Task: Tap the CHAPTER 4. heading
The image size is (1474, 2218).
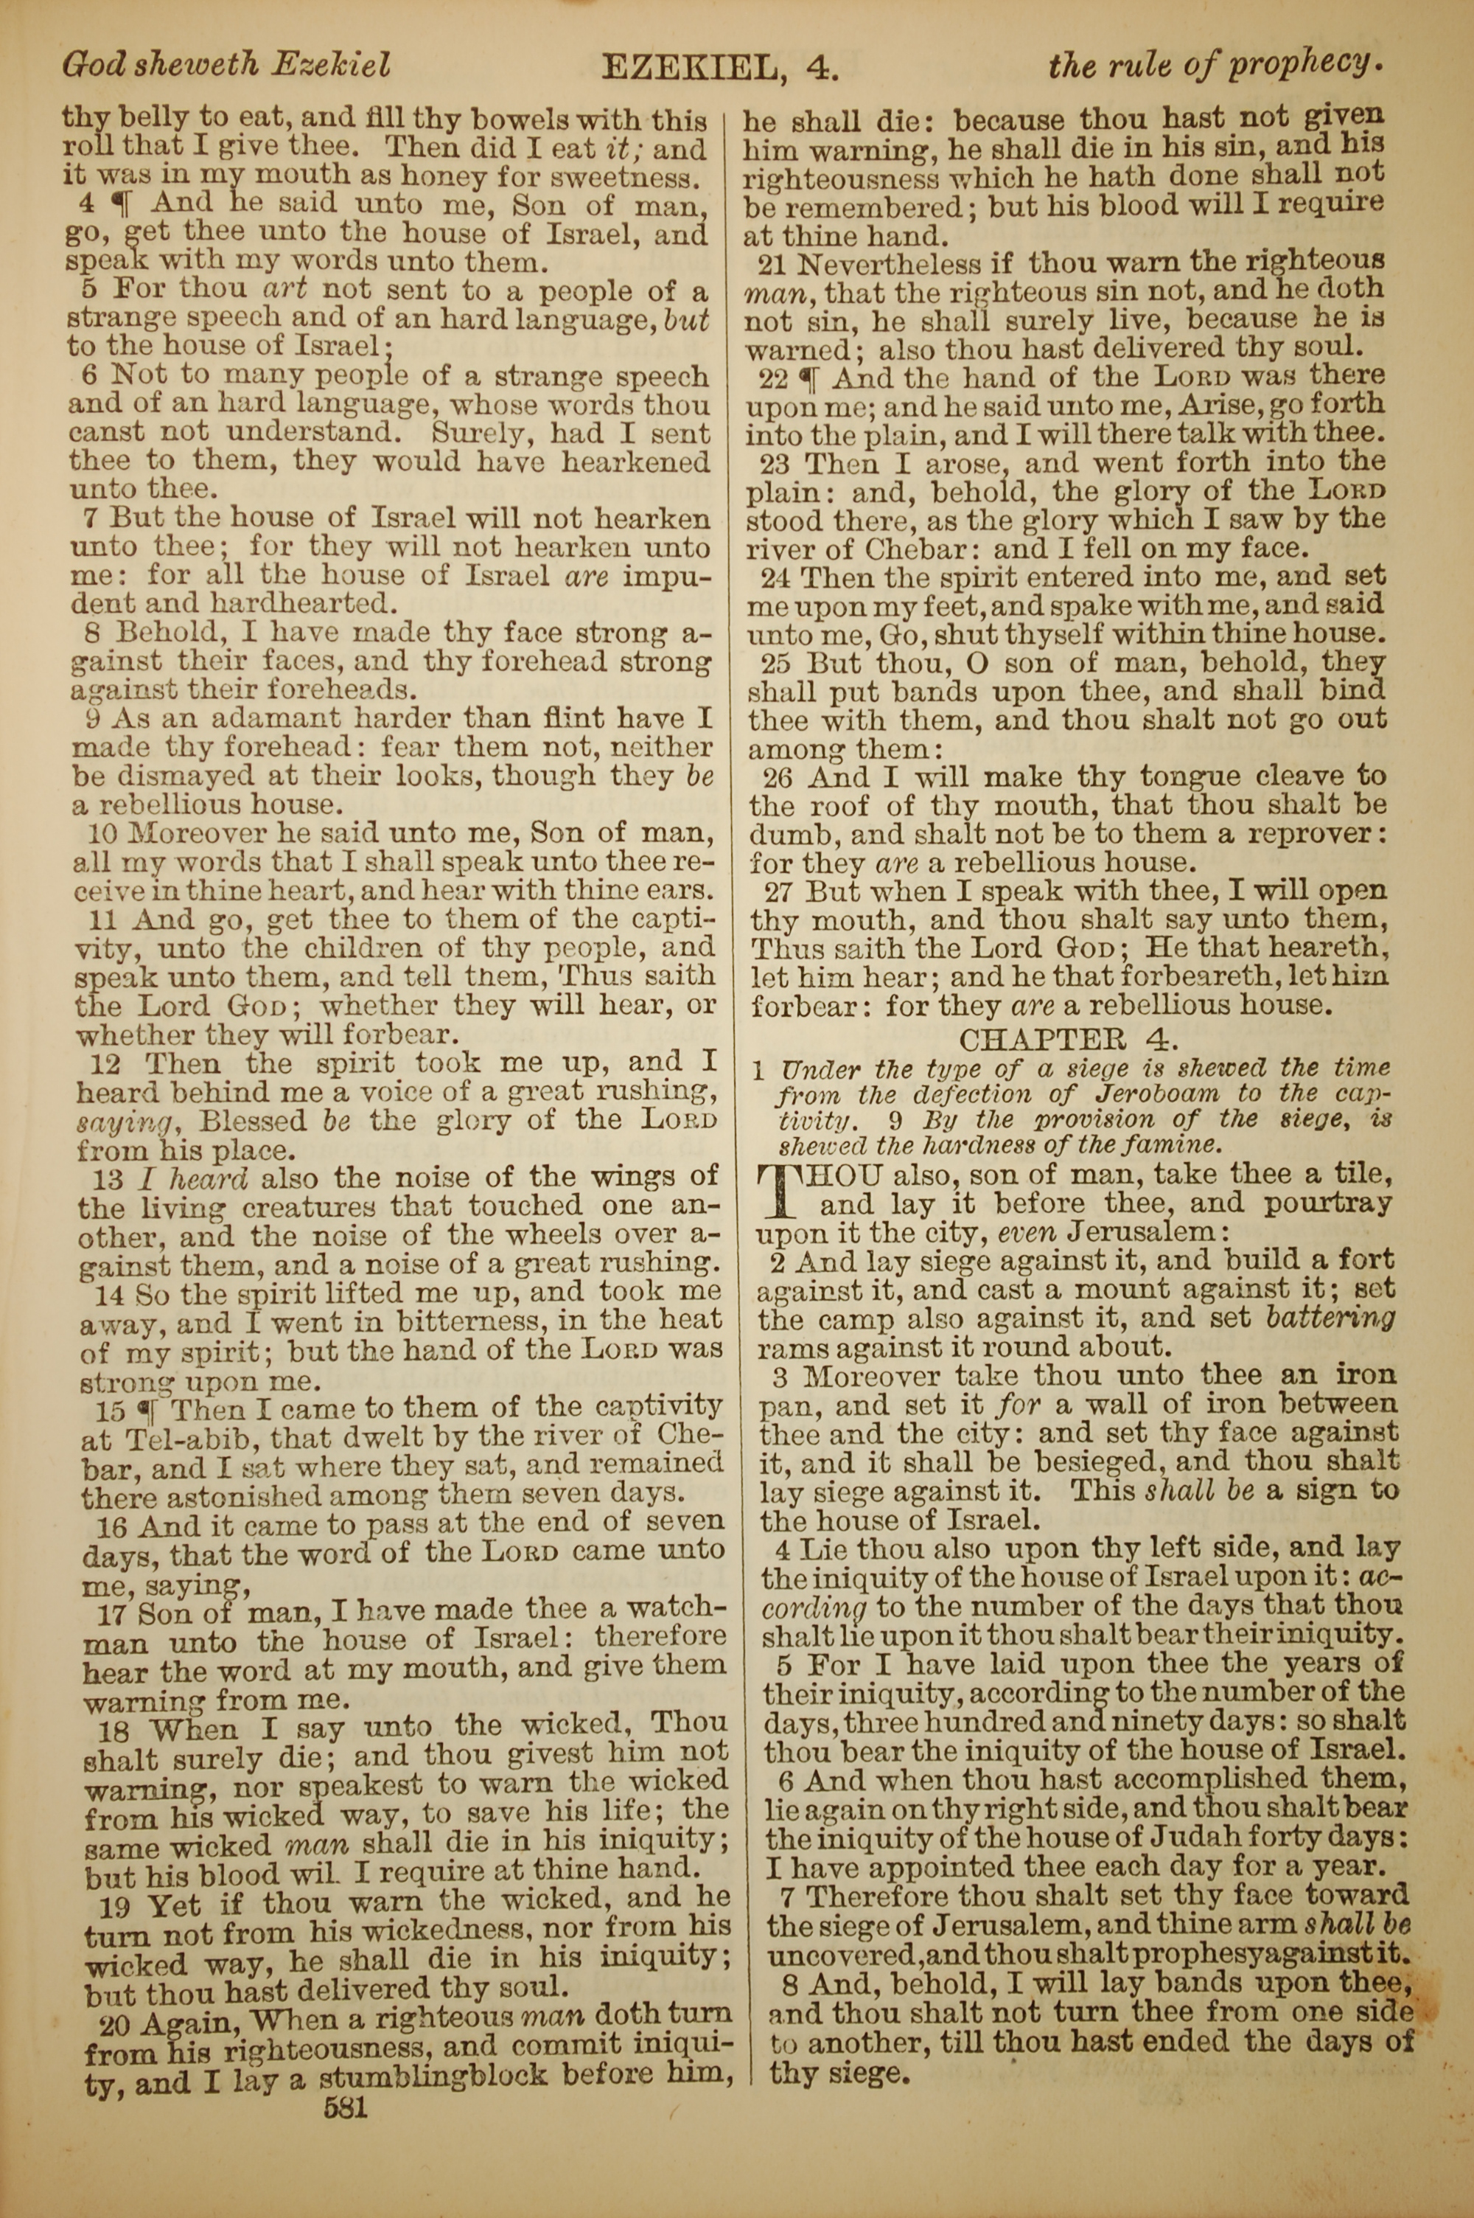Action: pos(1067,1038)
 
